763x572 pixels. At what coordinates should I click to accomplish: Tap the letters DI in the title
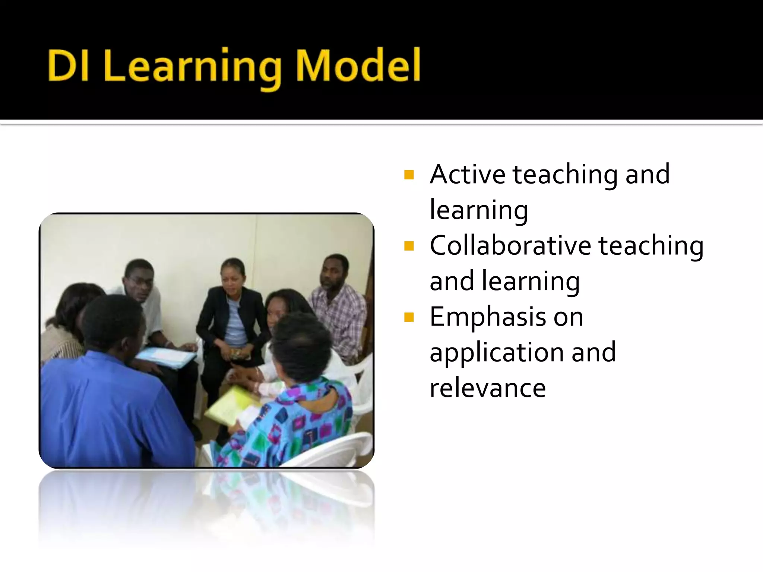click(x=68, y=66)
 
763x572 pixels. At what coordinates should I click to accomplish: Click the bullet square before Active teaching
click(x=409, y=175)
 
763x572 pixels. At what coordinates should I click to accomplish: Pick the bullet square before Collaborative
click(x=409, y=246)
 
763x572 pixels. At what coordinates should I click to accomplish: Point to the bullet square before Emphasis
click(x=409, y=317)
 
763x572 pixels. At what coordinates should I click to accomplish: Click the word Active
click(x=468, y=174)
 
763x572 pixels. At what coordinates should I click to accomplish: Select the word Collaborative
click(x=510, y=246)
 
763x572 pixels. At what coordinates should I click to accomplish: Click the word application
click(x=497, y=353)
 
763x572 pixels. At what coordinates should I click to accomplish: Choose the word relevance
click(x=487, y=388)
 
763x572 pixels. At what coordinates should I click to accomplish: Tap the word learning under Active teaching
click(x=479, y=210)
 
